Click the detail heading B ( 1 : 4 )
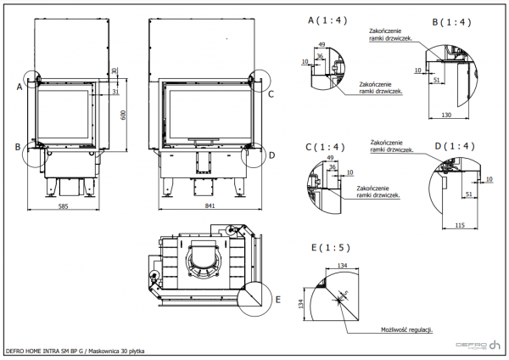pyautogui.click(x=450, y=21)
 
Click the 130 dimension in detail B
pyautogui.click(x=445, y=114)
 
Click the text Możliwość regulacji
pyautogui.click(x=406, y=329)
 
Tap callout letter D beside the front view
pyautogui.click(x=271, y=155)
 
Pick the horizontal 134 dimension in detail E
pyautogui.click(x=342, y=266)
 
